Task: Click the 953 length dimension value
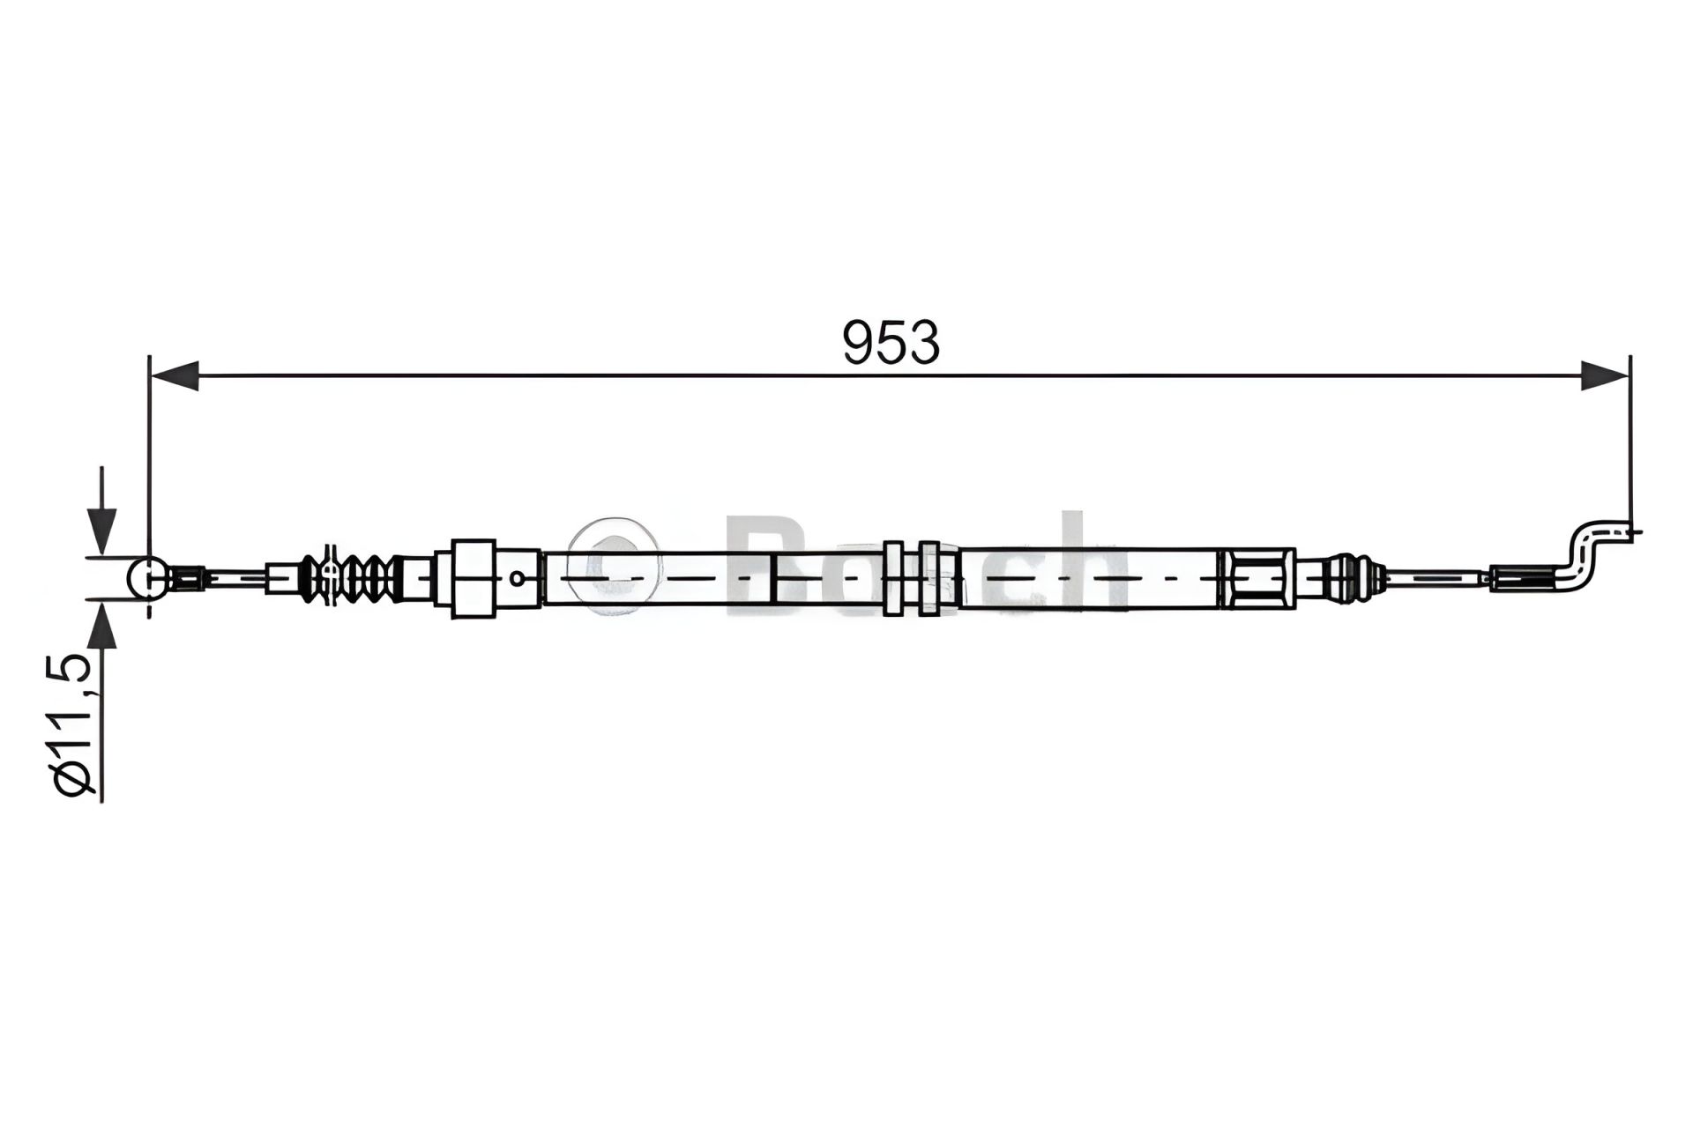891,343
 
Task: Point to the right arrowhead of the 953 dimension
1603,375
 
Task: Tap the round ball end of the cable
146,578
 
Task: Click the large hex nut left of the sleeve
473,578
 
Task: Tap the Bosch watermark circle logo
613,564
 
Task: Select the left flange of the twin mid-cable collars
891,578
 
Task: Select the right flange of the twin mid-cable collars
928,578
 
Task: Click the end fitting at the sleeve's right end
1257,578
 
